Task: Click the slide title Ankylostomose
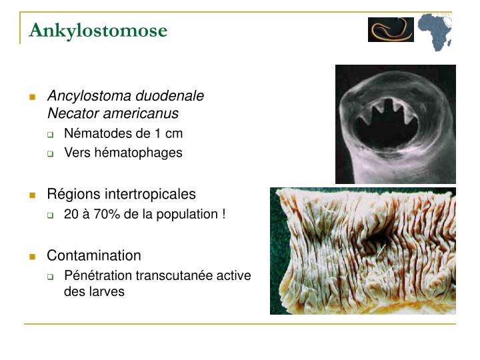tap(98, 31)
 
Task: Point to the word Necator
tap(71, 114)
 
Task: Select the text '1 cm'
tap(169, 133)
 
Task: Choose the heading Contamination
tap(94, 255)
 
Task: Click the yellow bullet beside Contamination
tap(32, 256)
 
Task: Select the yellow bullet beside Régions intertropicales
tap(32, 195)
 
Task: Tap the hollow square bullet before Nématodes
tap(51, 134)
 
